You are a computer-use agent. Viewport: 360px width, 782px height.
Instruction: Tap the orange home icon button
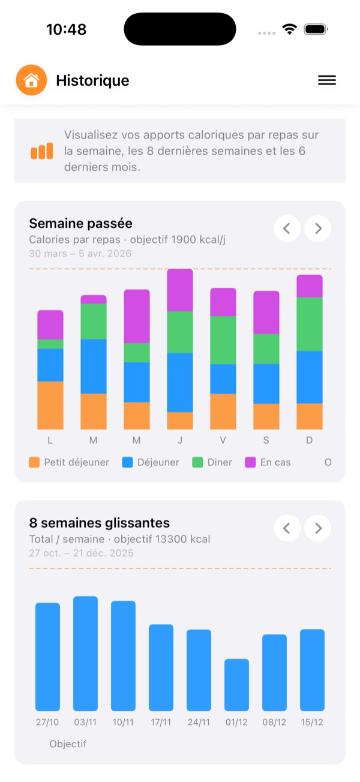[x=31, y=80]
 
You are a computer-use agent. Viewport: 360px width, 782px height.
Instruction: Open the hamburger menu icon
[x=326, y=80]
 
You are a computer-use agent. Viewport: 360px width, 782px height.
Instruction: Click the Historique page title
[x=92, y=80]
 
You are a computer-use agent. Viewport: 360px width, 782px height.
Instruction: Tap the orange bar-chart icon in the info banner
[x=41, y=151]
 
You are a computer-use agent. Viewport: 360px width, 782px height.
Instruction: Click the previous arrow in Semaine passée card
[x=287, y=228]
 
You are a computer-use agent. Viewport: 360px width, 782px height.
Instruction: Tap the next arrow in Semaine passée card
[x=317, y=228]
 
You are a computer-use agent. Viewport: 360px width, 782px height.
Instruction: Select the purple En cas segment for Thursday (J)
[x=180, y=290]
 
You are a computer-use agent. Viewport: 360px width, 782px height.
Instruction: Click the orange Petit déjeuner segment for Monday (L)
[x=50, y=405]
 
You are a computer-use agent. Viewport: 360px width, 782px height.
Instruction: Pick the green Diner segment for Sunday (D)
[x=310, y=324]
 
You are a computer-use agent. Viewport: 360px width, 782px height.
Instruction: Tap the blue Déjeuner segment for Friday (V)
[x=223, y=378]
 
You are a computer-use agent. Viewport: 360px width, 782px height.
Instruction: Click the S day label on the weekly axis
[x=266, y=440]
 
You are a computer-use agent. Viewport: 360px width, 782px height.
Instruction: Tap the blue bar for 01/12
[x=236, y=685]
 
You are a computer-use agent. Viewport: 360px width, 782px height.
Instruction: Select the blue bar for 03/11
[x=85, y=654]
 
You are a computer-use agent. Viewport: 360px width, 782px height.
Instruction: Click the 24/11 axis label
[x=199, y=723]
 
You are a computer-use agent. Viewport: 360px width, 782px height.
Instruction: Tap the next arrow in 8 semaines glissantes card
[x=317, y=528]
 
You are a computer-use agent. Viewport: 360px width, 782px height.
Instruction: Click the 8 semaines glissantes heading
[x=99, y=522]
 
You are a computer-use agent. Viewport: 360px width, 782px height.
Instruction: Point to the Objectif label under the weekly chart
[x=68, y=744]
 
